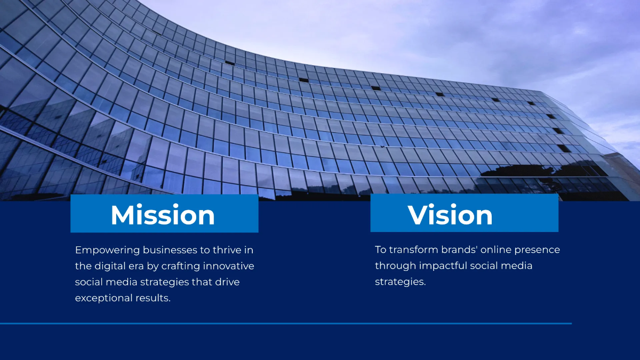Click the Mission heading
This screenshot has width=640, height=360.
coord(163,214)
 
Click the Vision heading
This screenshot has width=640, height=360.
coord(450,214)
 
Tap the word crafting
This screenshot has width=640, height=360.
coord(179,266)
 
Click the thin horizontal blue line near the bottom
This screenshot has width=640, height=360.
coord(285,323)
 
